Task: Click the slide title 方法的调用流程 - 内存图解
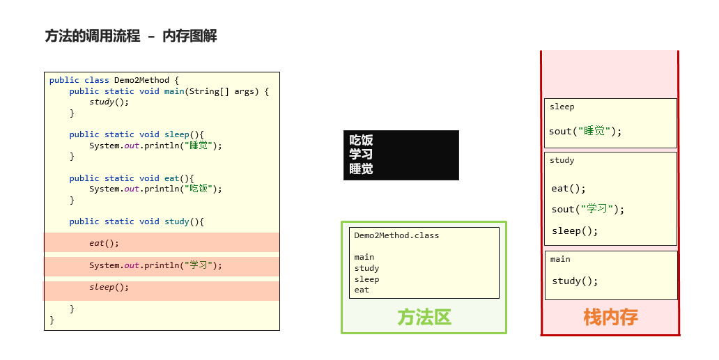[x=131, y=36]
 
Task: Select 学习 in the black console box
[x=361, y=155]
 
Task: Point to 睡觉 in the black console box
[x=361, y=169]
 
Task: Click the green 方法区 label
[x=424, y=318]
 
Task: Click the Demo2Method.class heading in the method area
[x=396, y=235]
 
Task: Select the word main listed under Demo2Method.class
[x=364, y=257]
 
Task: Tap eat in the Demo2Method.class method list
[x=362, y=290]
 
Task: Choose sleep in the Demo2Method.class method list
[x=366, y=279]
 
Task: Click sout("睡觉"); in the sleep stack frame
[x=585, y=131]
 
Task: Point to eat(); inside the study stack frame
[x=569, y=188]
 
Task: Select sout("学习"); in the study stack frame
[x=588, y=209]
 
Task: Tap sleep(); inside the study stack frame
[x=575, y=230]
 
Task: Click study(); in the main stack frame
[x=575, y=281]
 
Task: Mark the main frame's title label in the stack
[x=560, y=259]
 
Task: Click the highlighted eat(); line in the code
[x=104, y=243]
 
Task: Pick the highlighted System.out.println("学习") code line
[x=155, y=265]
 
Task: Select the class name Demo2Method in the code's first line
[x=141, y=80]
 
